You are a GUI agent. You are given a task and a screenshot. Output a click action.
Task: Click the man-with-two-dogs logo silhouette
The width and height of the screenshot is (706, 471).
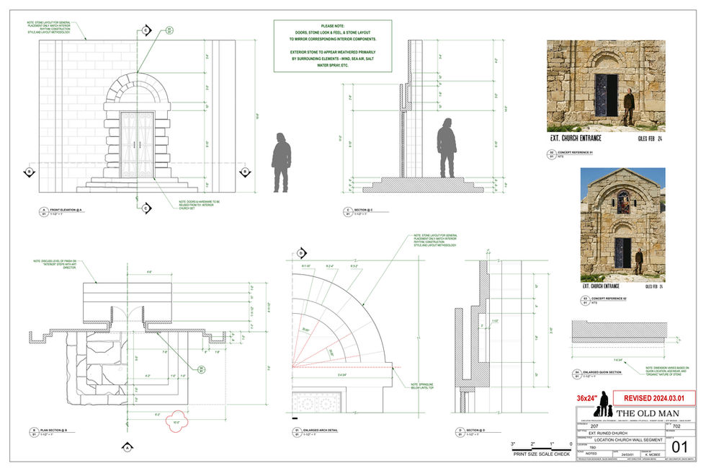(x=603, y=405)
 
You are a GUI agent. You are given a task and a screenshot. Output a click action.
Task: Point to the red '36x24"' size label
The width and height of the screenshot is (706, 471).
(x=587, y=397)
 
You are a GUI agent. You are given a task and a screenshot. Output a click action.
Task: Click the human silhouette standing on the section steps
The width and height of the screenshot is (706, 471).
(x=447, y=146)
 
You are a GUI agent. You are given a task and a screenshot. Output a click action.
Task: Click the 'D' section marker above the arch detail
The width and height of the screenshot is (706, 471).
(x=300, y=252)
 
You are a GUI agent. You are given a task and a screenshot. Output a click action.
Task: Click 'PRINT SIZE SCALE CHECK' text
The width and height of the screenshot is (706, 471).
(x=541, y=454)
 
